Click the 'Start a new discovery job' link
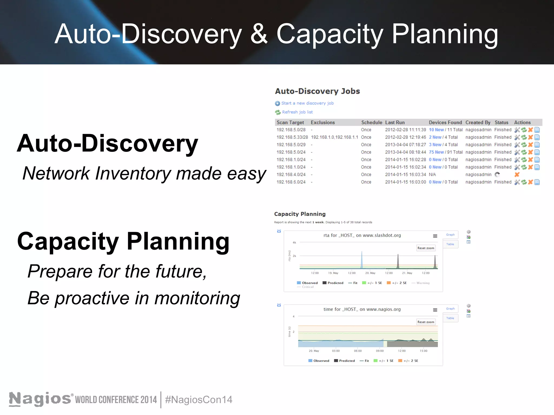click(307, 103)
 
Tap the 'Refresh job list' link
click(297, 112)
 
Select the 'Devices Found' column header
click(445, 122)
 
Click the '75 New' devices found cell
click(436, 152)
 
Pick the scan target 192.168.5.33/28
click(292, 137)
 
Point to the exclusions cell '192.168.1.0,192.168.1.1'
click(334, 137)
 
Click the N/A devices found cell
click(432, 175)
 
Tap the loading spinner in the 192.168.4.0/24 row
click(497, 175)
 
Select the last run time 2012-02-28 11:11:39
click(405, 130)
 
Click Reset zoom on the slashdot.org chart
click(426, 248)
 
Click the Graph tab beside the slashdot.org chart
click(450, 235)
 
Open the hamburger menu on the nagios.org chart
click(435, 310)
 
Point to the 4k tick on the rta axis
click(294, 242)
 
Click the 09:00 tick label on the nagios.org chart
click(380, 351)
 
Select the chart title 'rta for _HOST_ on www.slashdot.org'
click(362, 235)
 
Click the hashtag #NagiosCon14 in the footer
click(199, 400)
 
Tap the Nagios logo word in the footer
click(40, 399)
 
